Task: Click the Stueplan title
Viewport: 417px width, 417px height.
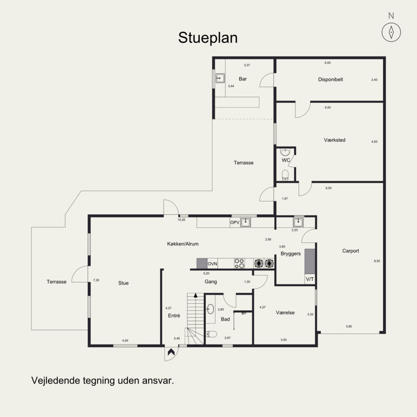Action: pyautogui.click(x=208, y=38)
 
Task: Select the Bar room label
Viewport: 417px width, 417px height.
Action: pyautogui.click(x=242, y=79)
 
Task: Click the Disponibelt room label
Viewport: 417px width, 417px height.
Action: pyautogui.click(x=330, y=79)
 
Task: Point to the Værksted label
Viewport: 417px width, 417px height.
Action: pyautogui.click(x=335, y=140)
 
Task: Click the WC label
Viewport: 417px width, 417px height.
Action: pyautogui.click(x=285, y=160)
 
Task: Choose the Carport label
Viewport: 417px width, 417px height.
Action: pyautogui.click(x=350, y=251)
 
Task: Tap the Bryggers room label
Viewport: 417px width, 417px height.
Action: pyautogui.click(x=291, y=254)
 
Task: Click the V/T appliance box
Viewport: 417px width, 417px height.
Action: pyautogui.click(x=310, y=279)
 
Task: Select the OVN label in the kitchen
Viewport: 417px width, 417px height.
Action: pyautogui.click(x=212, y=263)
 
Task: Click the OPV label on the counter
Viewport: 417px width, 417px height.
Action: pyautogui.click(x=235, y=223)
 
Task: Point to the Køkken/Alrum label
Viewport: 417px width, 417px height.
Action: pyautogui.click(x=183, y=244)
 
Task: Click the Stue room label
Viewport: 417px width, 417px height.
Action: pyautogui.click(x=123, y=283)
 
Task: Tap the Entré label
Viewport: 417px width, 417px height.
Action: pyautogui.click(x=174, y=315)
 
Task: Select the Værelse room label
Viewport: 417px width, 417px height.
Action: pyautogui.click(x=285, y=313)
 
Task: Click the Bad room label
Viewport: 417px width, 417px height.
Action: pyautogui.click(x=225, y=319)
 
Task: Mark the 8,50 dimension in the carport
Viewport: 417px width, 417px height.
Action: pyautogui.click(x=377, y=261)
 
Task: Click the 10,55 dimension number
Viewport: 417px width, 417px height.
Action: pyautogui.click(x=181, y=220)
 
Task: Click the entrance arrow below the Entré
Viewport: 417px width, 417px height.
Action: pyautogui.click(x=170, y=354)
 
